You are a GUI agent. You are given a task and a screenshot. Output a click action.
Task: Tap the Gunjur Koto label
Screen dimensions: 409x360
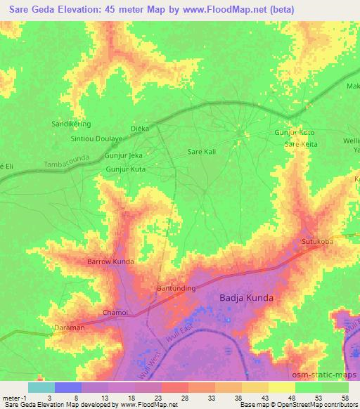click(293, 133)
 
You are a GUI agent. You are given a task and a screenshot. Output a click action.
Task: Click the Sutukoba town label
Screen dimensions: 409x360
click(317, 242)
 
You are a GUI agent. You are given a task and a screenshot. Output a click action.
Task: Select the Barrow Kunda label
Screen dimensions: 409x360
click(110, 261)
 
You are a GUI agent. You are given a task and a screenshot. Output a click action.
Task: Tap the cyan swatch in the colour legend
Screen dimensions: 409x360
click(41, 387)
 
